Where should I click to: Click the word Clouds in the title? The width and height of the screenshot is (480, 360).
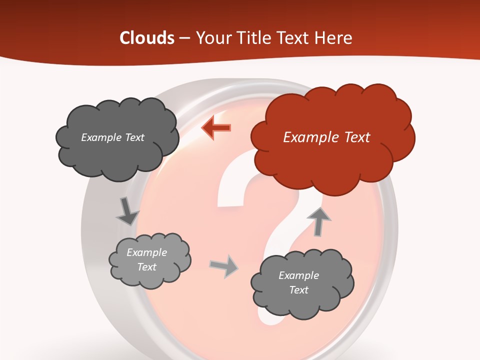[x=146, y=38]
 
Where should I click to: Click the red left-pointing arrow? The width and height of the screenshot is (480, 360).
[x=216, y=127]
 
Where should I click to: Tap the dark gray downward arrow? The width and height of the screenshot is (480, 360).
[x=127, y=211]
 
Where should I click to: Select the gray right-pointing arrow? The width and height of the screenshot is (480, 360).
[x=224, y=266]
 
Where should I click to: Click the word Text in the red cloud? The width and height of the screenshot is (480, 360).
[x=356, y=137]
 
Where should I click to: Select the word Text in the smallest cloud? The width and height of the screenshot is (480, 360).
[x=147, y=267]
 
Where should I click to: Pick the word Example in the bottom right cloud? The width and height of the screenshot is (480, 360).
[x=298, y=275]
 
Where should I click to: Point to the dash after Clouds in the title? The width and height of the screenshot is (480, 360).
[x=184, y=38]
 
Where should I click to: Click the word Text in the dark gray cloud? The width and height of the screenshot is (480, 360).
[x=134, y=137]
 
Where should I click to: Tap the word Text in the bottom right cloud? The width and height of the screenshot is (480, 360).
[x=298, y=290]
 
